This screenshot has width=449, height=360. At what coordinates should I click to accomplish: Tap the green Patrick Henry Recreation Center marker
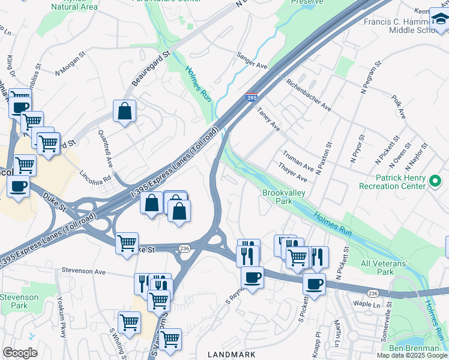(436, 179)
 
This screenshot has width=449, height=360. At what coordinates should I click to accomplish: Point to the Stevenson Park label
(19, 301)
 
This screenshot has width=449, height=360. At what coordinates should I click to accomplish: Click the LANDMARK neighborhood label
(235, 355)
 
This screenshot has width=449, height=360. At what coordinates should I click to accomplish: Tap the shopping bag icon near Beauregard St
(124, 111)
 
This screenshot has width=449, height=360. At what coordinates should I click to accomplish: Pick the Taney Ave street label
(268, 119)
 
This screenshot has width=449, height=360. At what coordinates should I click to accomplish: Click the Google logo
(20, 353)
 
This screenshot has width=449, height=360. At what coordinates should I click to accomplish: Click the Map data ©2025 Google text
(412, 355)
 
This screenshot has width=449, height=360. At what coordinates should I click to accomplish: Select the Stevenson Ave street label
(83, 271)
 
